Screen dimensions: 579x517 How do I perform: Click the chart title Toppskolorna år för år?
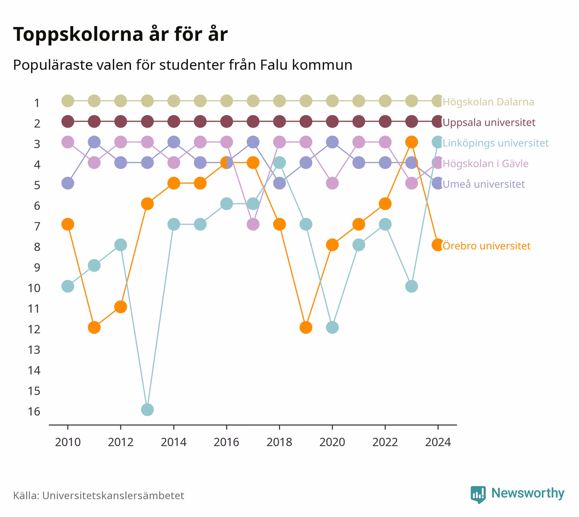[120, 34]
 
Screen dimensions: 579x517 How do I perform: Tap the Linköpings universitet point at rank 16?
[147, 410]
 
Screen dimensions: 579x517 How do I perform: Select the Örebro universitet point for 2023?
[411, 142]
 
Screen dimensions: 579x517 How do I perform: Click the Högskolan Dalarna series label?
[488, 101]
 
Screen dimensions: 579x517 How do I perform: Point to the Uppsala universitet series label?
[489, 123]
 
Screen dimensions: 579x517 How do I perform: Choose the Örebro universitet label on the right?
[487, 246]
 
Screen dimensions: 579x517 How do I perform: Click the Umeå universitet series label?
[484, 184]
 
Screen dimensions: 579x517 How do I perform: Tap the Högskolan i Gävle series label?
[485, 164]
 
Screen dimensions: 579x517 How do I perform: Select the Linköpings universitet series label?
[496, 143]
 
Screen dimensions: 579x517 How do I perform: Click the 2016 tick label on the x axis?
[226, 442]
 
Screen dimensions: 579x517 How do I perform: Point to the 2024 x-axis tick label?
[438, 442]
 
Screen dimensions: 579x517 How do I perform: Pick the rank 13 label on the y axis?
[34, 350]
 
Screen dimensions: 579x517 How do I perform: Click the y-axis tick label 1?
[37, 103]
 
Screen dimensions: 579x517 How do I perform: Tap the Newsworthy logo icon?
[478, 495]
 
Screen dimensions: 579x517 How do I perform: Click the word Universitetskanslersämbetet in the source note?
[113, 495]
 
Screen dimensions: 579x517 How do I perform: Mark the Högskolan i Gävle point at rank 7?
[253, 224]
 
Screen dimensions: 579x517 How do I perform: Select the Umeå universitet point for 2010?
[68, 183]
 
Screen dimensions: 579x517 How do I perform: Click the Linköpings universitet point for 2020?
[332, 328]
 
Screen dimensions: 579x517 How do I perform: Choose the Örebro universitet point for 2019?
[306, 328]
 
